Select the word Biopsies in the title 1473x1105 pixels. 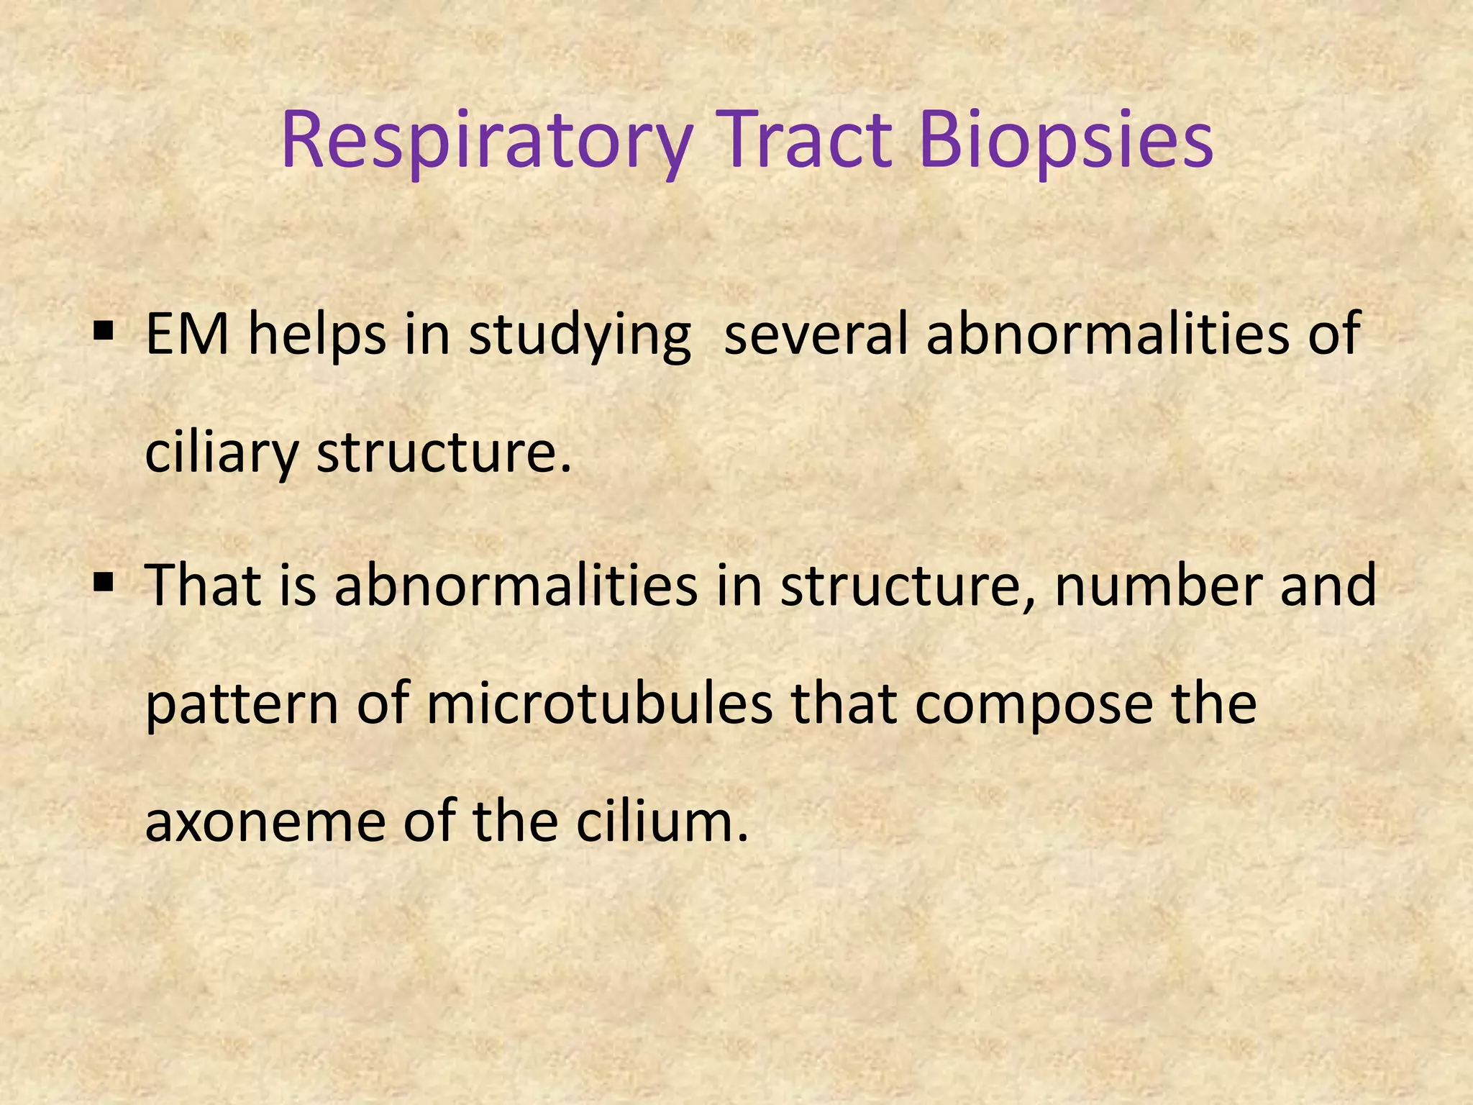pos(1066,140)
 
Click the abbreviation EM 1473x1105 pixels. pos(187,334)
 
